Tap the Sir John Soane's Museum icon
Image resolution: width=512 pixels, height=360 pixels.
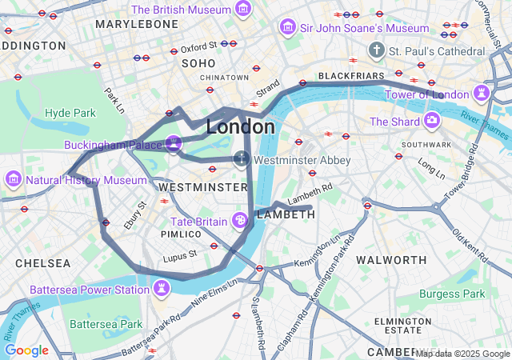[x=286, y=28]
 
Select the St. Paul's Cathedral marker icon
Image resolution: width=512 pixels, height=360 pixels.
[x=377, y=51]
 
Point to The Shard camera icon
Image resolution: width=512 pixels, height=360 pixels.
[x=431, y=121]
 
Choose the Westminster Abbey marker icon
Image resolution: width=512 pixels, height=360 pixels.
[x=241, y=160]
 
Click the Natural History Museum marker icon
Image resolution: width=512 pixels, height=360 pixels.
[x=14, y=179]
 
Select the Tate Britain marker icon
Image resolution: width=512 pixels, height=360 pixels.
[x=239, y=221]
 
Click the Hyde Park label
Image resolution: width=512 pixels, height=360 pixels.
[x=70, y=113]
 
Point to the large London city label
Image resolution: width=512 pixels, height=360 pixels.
[x=240, y=126]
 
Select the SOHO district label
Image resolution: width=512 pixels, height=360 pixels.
[x=199, y=62]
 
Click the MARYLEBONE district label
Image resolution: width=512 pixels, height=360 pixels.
[x=136, y=25]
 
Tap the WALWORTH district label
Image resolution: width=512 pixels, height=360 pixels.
[x=391, y=260]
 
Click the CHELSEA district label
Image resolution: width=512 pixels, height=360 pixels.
[x=42, y=263]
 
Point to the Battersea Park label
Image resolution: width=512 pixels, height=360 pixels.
[x=106, y=324]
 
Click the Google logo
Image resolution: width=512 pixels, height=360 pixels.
[x=26, y=350]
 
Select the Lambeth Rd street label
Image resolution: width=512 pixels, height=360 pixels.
[x=310, y=192]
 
